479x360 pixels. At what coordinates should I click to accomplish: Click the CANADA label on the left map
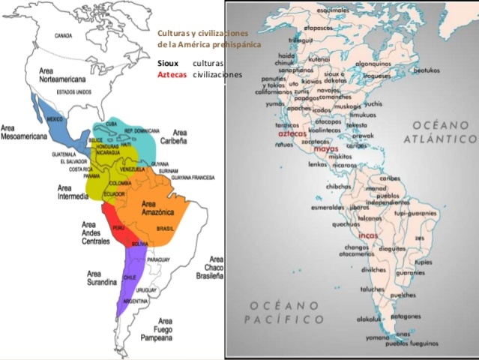pyautogui.click(x=64, y=35)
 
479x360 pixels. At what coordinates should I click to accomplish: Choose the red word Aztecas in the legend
pyautogui.click(x=172, y=75)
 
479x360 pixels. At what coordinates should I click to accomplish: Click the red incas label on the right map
pyautogui.click(x=369, y=235)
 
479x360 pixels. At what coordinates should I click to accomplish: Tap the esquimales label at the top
pyautogui.click(x=333, y=10)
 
